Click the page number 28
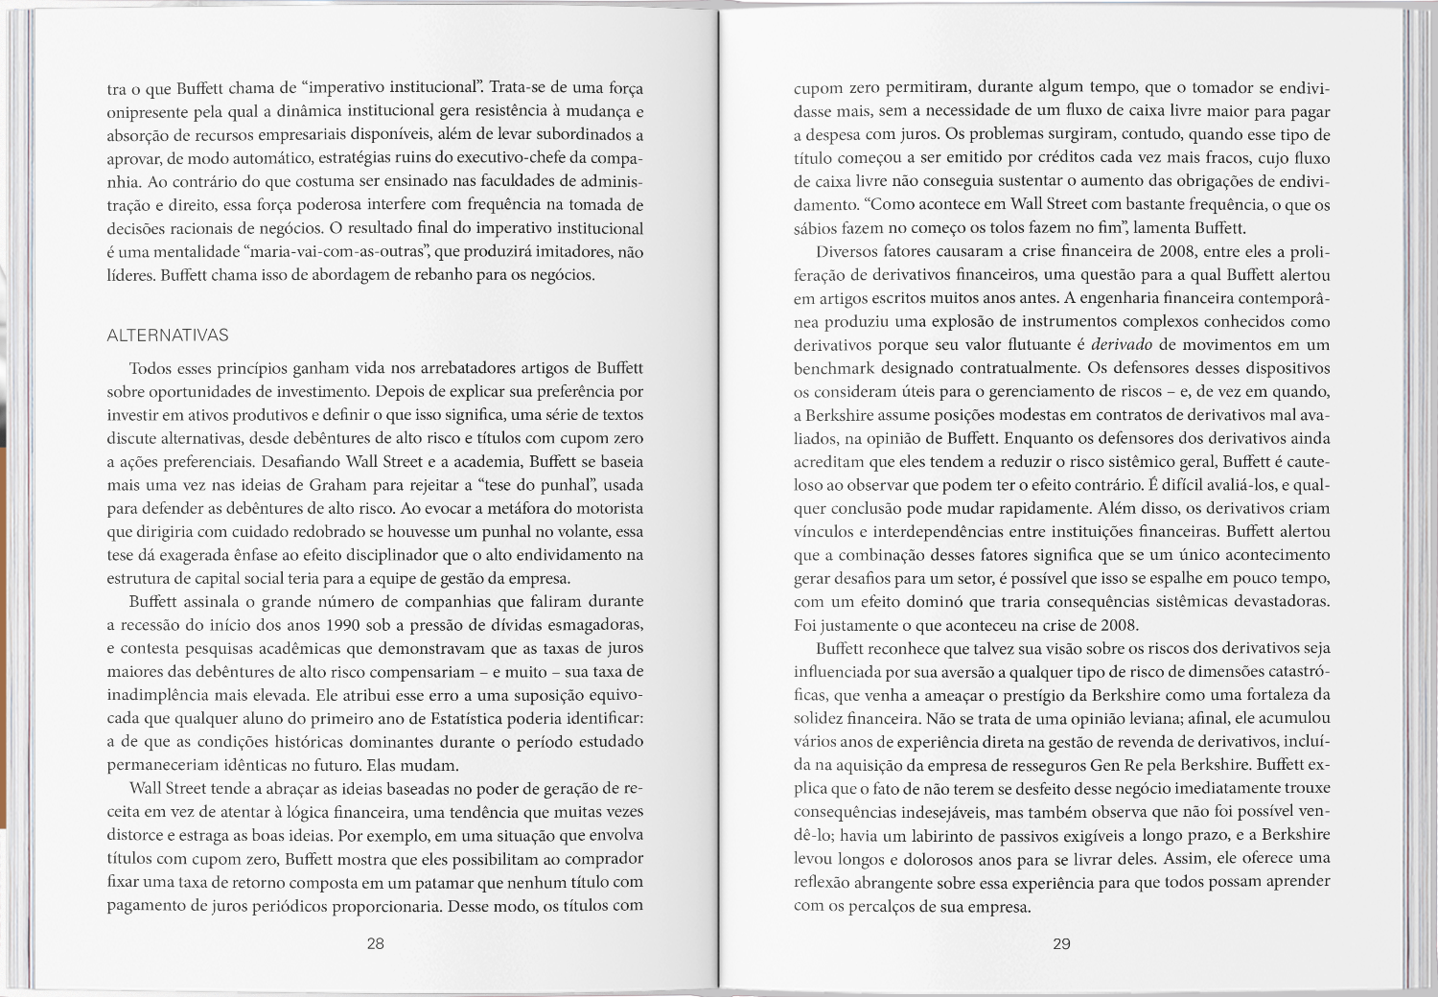click(376, 943)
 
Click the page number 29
click(1061, 943)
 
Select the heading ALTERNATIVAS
click(168, 336)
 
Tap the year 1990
click(342, 625)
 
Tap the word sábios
click(816, 228)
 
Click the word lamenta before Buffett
click(1158, 228)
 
